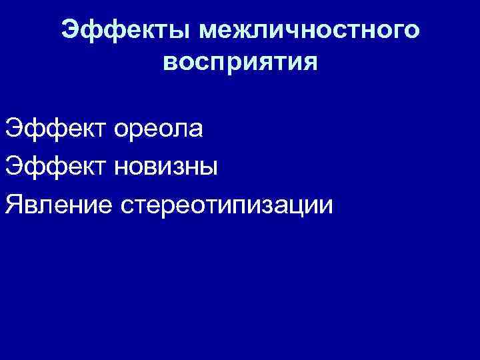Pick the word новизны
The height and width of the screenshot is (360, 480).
[x=166, y=166]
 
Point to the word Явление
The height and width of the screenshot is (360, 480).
[x=59, y=204]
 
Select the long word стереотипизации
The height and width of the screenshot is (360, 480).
[x=225, y=204]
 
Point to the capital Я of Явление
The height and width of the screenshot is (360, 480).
[x=13, y=204]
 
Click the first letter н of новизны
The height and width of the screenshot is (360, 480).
[x=121, y=167]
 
